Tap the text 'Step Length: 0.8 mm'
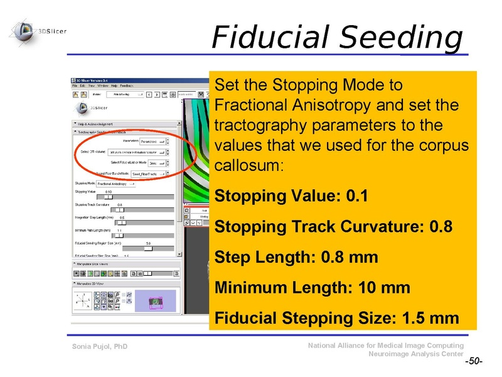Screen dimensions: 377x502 [x=296, y=257]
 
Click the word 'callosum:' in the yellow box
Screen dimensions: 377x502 [x=249, y=167]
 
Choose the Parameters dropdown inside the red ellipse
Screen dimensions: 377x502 [x=154, y=141]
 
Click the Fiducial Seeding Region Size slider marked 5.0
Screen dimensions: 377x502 [x=148, y=248]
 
